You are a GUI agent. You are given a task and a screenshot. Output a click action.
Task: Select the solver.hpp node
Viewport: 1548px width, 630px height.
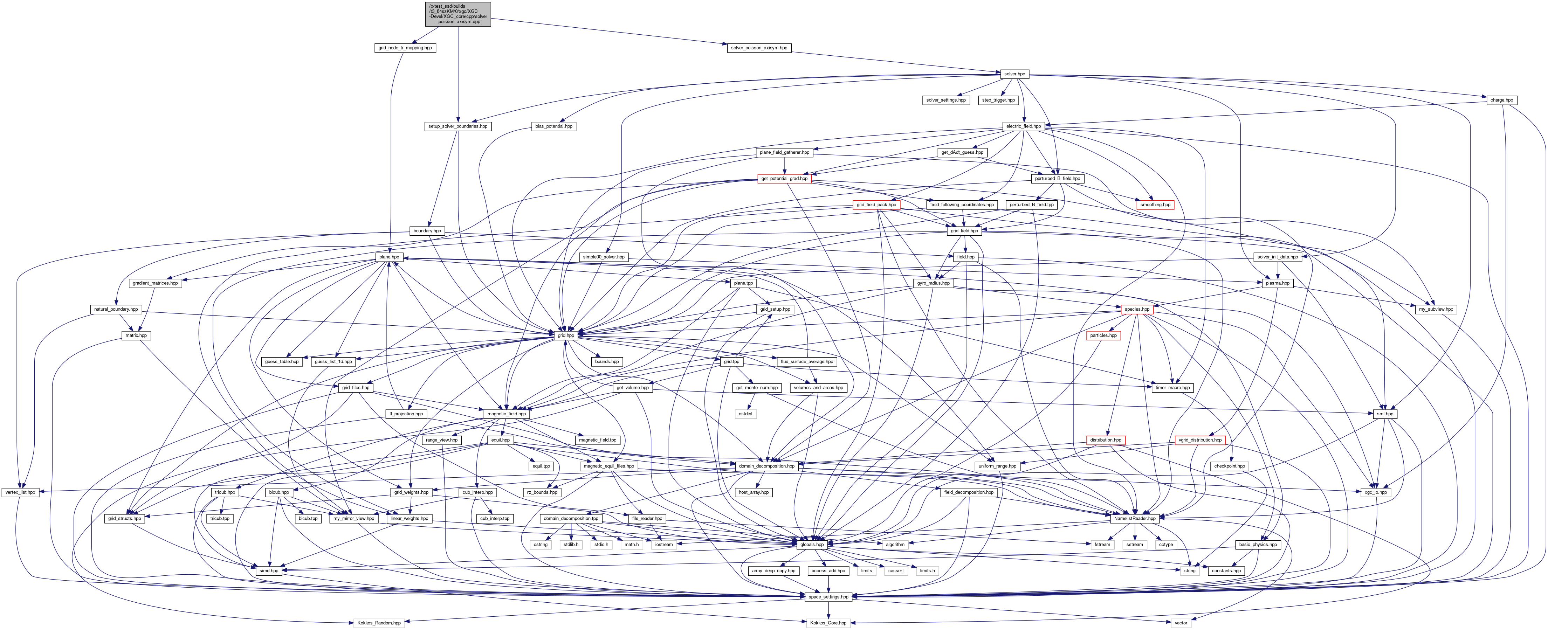(x=1014, y=74)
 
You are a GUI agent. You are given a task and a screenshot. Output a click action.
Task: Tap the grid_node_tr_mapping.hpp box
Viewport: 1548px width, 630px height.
(x=404, y=47)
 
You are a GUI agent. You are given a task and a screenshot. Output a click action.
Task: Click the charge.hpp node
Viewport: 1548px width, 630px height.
(x=1501, y=100)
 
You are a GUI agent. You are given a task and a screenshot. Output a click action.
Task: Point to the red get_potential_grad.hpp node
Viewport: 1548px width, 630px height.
(x=784, y=178)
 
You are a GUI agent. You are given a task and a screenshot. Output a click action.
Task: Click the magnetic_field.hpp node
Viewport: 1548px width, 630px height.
(x=507, y=414)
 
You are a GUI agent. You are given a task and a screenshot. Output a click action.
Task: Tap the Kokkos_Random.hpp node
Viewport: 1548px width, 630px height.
(x=379, y=623)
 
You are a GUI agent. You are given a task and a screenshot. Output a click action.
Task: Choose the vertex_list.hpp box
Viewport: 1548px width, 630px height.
(x=20, y=492)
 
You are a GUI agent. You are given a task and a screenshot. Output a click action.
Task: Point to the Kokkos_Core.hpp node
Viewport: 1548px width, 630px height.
(x=828, y=623)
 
